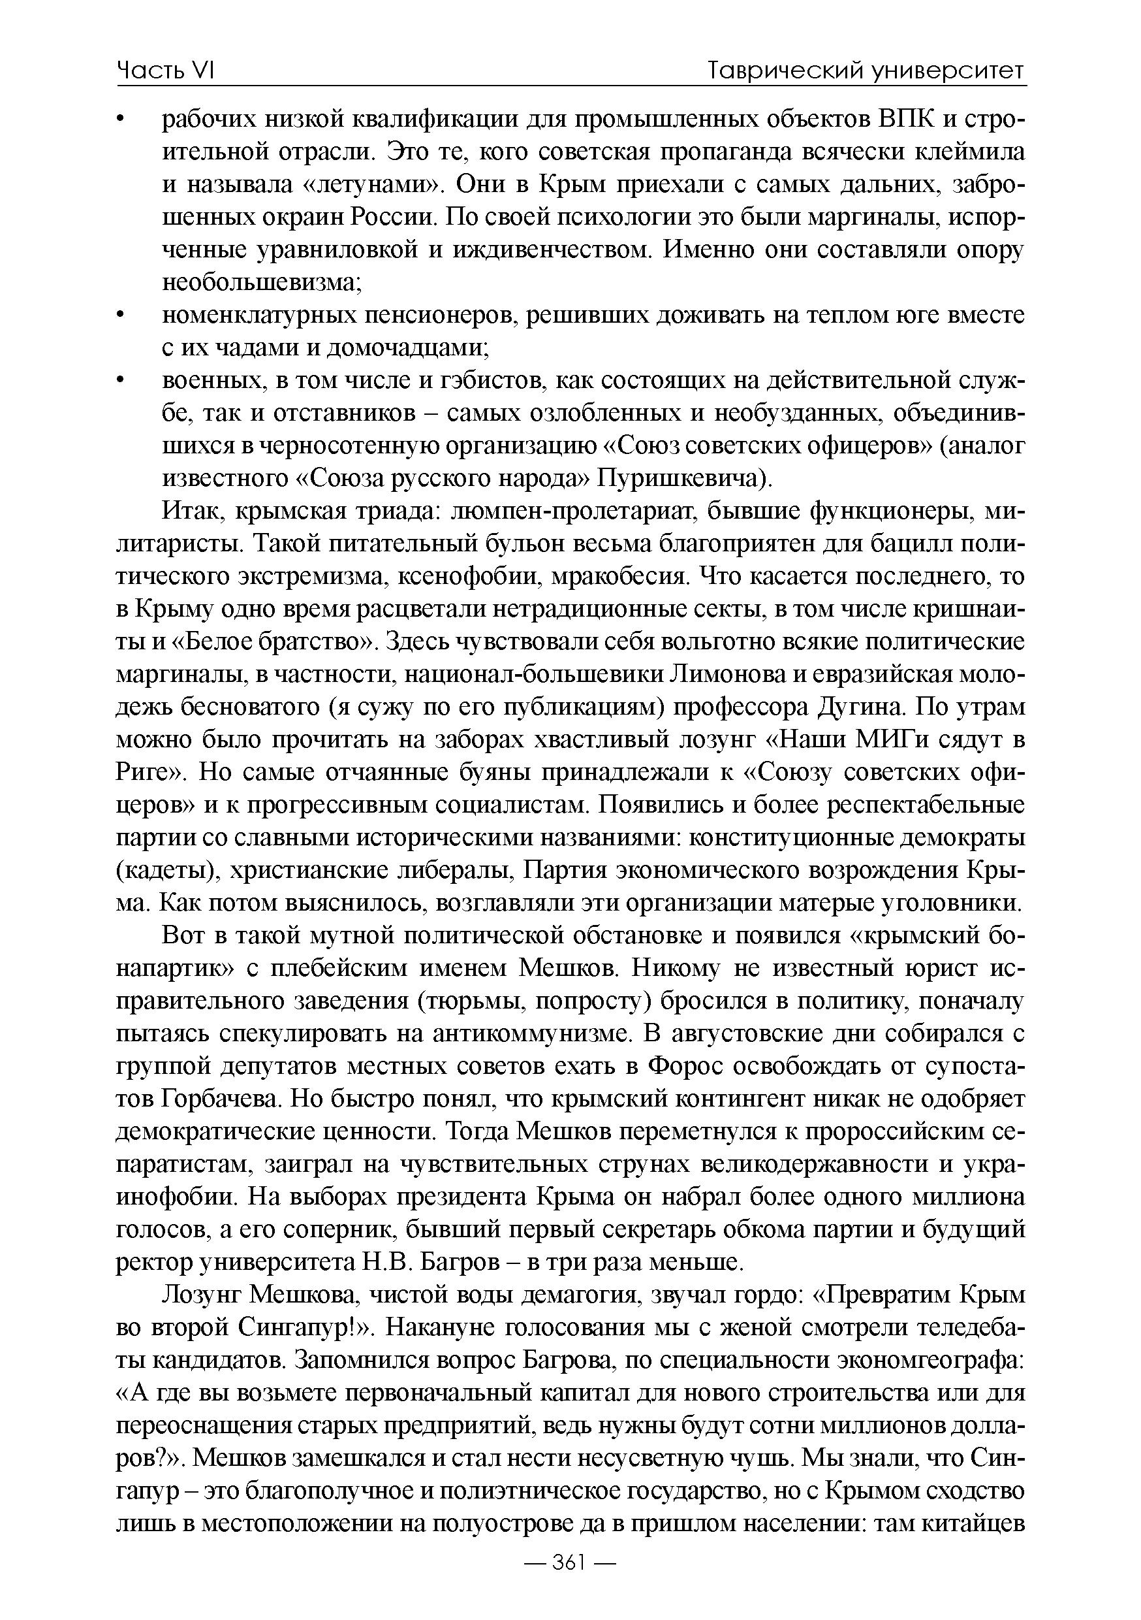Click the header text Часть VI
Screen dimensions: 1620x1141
click(x=165, y=70)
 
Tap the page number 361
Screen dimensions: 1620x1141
click(x=570, y=1582)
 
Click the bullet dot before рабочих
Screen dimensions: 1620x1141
click(x=121, y=123)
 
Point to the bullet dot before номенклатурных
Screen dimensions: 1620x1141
click(x=121, y=317)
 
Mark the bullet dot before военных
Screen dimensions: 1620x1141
click(x=121, y=382)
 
